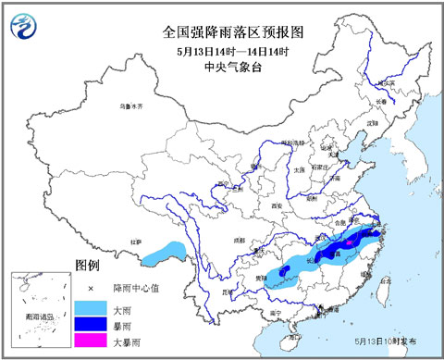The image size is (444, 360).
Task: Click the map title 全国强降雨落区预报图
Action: [233, 31]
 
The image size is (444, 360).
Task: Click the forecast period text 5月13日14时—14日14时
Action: [233, 50]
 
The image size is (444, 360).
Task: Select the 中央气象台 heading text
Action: [233, 68]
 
